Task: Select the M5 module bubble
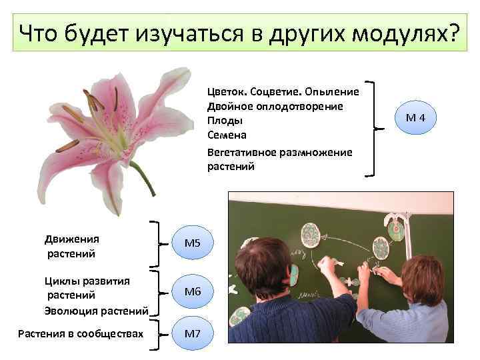(x=192, y=245)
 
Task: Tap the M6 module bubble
(x=192, y=291)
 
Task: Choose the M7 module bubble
(x=192, y=333)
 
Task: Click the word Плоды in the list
(x=225, y=121)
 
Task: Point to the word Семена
(x=227, y=135)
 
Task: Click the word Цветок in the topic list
(x=227, y=91)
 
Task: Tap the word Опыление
(x=333, y=91)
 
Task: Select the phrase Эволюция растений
(x=95, y=309)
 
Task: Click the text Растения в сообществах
(x=81, y=333)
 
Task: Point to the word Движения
(x=71, y=239)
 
